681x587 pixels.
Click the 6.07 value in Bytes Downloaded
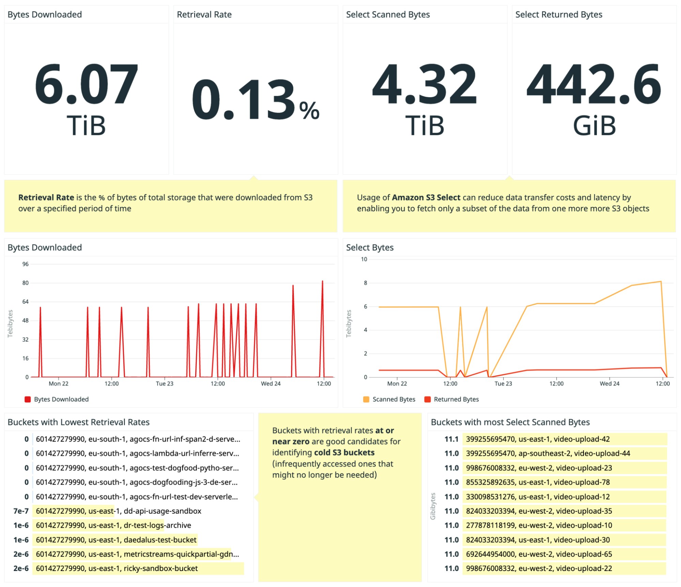click(86, 84)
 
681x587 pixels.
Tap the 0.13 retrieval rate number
click(244, 100)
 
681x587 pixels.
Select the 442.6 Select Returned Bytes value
click(594, 84)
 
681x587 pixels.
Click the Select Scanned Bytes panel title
click(388, 15)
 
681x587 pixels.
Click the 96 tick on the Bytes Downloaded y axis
click(26, 264)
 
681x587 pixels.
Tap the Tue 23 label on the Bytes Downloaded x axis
click(165, 383)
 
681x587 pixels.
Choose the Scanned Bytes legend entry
click(393, 399)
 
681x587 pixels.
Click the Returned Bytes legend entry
click(456, 399)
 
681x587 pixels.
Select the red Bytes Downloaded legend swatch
click(28, 399)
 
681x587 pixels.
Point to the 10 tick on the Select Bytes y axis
click(364, 259)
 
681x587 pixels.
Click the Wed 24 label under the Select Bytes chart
click(609, 383)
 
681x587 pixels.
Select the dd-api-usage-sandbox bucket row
click(119, 511)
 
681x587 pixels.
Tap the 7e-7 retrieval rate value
click(21, 511)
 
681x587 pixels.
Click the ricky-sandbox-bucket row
click(117, 568)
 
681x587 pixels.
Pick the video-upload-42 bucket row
click(538, 439)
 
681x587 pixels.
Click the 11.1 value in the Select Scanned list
click(451, 439)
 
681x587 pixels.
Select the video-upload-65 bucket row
click(539, 554)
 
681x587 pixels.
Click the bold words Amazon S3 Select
click(426, 197)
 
